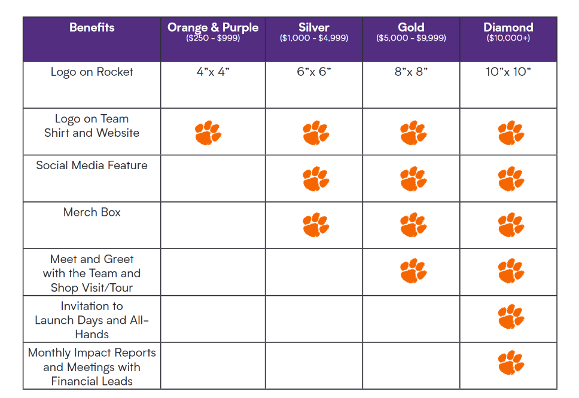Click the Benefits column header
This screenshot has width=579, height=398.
[x=92, y=27]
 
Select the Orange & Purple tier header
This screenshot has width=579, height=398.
[x=213, y=27]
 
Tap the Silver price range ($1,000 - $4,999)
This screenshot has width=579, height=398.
[x=314, y=38]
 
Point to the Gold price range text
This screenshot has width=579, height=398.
[x=411, y=38]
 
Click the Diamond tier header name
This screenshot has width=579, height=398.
[x=508, y=27]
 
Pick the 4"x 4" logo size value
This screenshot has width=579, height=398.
[x=213, y=72]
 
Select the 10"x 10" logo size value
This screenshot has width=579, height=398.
[x=508, y=72]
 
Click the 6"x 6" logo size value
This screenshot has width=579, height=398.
[x=314, y=72]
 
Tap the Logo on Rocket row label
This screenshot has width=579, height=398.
[x=92, y=72]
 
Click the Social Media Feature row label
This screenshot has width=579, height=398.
[x=92, y=166]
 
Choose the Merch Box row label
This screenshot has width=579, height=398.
[x=92, y=212]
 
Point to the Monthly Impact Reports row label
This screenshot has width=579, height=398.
[x=92, y=367]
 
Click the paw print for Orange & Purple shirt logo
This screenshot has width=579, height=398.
[x=208, y=133]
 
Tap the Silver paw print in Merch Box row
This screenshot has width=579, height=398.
[x=315, y=225]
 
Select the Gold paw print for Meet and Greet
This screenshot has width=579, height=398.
[x=413, y=271]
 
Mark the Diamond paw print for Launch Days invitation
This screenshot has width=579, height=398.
[x=510, y=317]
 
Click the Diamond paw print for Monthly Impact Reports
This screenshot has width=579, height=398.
[x=510, y=363]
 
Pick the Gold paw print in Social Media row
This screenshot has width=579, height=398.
[x=413, y=179]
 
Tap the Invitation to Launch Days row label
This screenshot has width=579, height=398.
[x=92, y=320]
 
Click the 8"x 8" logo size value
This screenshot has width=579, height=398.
[x=411, y=72]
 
